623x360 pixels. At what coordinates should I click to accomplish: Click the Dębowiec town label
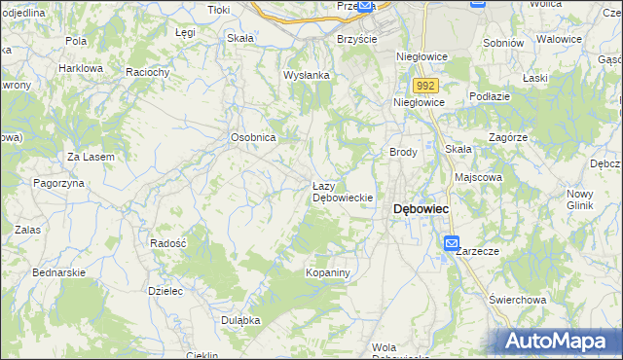point(420,209)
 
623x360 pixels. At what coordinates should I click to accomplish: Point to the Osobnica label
point(253,138)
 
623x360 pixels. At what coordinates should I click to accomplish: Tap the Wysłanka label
point(307,75)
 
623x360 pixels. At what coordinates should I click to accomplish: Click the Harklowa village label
point(81,69)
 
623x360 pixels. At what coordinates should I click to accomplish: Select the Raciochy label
point(149,72)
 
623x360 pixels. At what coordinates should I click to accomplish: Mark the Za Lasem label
point(91,158)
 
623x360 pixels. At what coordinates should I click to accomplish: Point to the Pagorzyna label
point(60,183)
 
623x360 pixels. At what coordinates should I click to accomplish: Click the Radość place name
point(167,243)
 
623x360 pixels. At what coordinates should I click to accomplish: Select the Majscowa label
point(478,178)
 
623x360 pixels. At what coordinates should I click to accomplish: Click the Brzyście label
point(356,38)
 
